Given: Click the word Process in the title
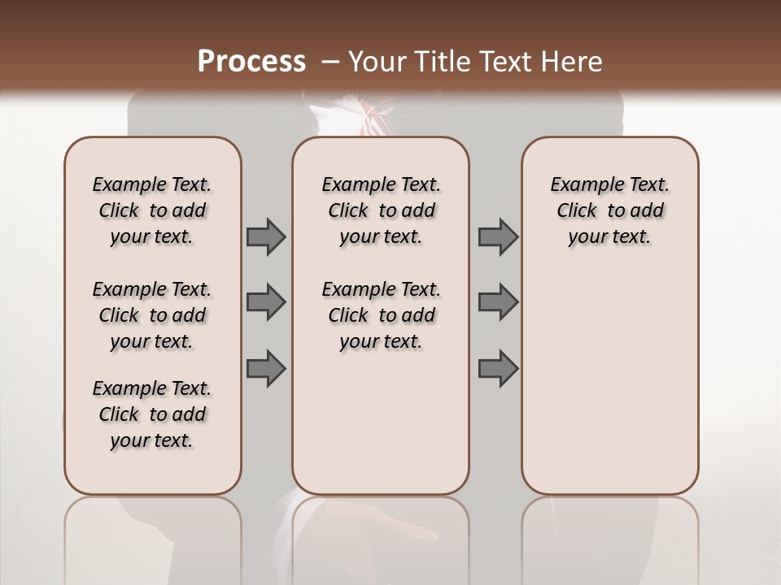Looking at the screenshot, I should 251,62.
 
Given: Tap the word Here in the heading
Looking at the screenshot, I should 574,62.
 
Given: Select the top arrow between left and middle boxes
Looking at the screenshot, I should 266,236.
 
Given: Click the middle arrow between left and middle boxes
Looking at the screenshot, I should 266,302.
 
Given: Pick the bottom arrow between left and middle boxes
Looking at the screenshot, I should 266,368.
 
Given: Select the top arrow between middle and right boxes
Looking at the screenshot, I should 498,236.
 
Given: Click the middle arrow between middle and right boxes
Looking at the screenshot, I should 498,302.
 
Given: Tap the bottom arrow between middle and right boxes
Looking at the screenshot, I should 498,368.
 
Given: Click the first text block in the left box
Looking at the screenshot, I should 152,210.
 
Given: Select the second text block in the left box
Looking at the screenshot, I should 152,315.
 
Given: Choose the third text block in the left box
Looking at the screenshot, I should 152,414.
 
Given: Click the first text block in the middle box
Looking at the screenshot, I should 382,210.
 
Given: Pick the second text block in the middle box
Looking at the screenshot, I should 382,315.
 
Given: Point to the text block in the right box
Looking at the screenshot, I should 610,210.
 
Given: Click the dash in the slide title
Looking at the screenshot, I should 330,62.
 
